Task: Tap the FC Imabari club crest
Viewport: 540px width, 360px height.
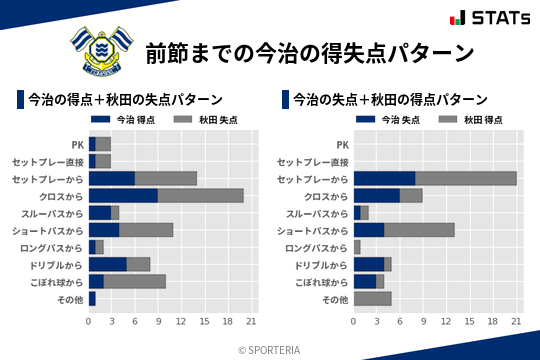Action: (99, 51)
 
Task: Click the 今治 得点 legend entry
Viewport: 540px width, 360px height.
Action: (119, 120)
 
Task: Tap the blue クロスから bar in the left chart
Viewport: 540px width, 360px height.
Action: (123, 196)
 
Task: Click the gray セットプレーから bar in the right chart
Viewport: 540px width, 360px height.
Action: (466, 178)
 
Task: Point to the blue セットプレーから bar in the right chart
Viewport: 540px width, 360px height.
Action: (385, 178)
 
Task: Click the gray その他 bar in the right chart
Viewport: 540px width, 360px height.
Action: (373, 299)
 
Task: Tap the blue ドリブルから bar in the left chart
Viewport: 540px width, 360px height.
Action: (108, 264)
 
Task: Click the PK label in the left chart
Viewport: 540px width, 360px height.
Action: (77, 144)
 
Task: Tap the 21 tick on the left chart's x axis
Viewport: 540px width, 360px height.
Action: (251, 322)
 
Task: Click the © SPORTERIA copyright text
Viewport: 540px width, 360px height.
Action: (270, 349)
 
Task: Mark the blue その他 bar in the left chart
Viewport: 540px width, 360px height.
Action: (92, 299)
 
